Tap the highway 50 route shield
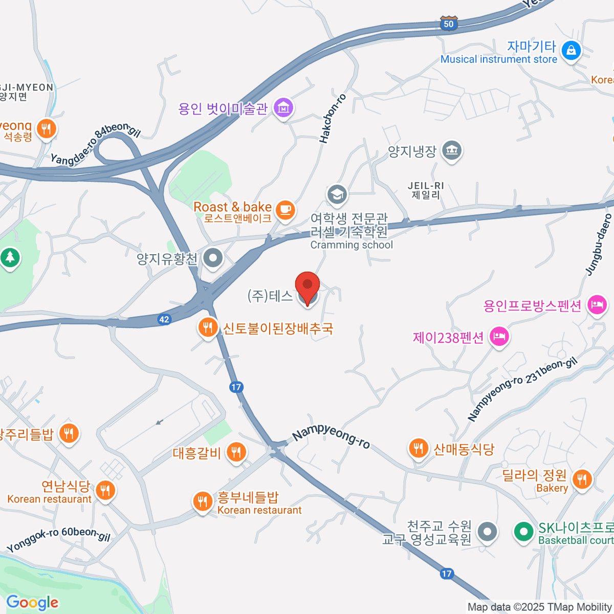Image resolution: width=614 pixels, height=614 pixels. (x=448, y=24)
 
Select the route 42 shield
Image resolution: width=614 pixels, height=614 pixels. (x=164, y=319)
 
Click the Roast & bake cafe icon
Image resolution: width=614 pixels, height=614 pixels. (x=285, y=209)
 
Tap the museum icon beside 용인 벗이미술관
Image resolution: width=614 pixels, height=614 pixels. (x=283, y=108)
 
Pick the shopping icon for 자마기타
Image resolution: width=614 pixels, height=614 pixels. (x=571, y=50)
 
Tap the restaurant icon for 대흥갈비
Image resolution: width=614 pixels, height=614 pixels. (x=236, y=452)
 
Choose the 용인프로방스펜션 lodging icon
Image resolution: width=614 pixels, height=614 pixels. (x=597, y=305)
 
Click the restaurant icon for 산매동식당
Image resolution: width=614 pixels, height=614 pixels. (x=419, y=448)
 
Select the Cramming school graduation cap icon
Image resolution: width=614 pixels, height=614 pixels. (x=337, y=194)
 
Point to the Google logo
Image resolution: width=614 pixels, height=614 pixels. (x=32, y=603)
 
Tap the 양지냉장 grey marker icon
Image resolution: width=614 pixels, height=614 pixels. (x=452, y=150)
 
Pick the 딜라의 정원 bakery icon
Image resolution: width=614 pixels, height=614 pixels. (x=582, y=479)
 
